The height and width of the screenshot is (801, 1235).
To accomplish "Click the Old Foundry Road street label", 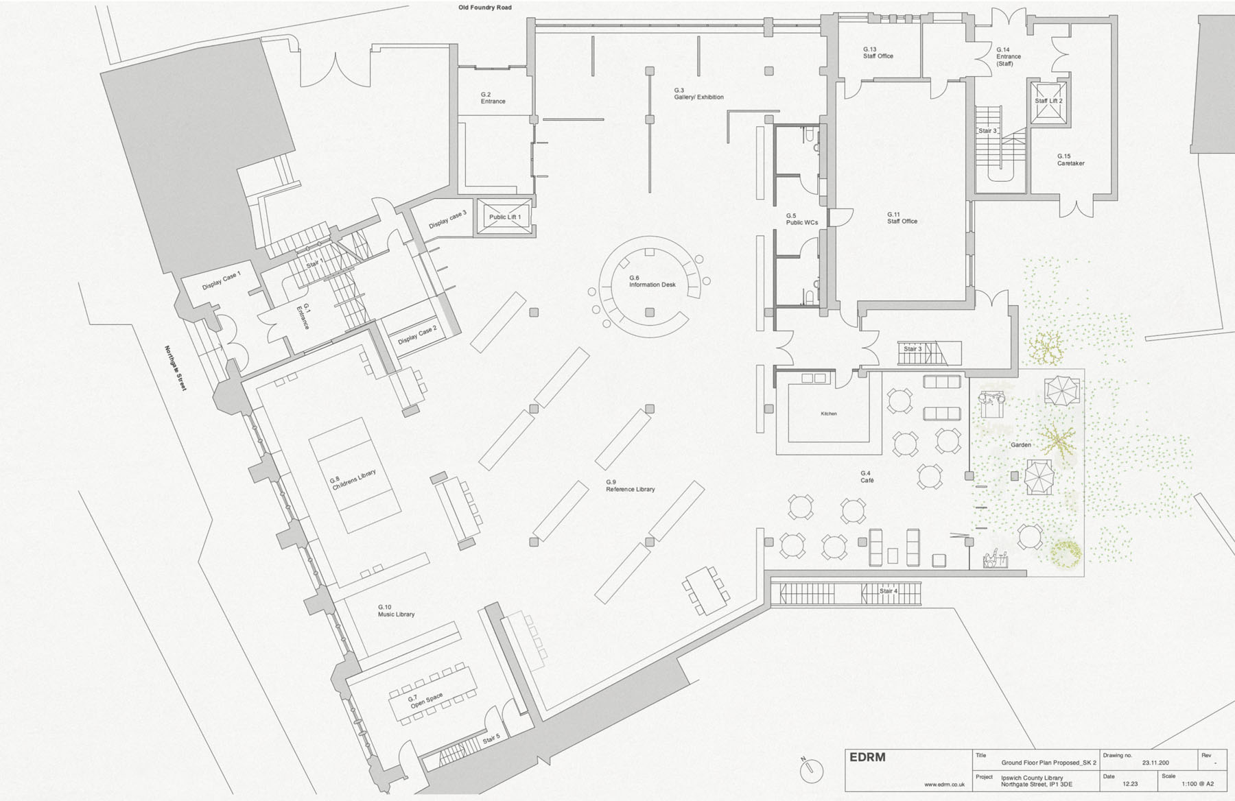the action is [485, 8].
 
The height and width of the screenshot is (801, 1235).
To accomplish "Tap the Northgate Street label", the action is [176, 368].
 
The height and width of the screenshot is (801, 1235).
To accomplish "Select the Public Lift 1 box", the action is [504, 217].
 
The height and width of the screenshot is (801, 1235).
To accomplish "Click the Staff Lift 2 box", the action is [1048, 103].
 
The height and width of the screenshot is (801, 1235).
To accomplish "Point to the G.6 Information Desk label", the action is [652, 281].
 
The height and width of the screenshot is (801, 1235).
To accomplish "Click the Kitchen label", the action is [829, 414].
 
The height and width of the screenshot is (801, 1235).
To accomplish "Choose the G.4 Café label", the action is [867, 477].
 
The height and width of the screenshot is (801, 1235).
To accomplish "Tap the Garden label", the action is [1021, 445].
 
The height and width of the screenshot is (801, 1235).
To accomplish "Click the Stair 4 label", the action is [889, 590].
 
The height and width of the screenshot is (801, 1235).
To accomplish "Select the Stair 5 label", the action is [491, 739].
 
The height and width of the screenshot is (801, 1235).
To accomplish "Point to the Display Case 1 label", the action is [221, 281].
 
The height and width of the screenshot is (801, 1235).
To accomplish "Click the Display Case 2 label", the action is [417, 335].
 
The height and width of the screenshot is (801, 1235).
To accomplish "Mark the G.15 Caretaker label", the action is [1070, 160].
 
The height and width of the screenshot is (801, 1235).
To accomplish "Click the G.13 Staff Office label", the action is [878, 53].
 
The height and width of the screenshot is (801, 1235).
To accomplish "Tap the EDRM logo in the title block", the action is [867, 757].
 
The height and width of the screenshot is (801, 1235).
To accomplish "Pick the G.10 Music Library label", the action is [396, 610].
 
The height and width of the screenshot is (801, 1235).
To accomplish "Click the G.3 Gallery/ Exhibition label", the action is [698, 94].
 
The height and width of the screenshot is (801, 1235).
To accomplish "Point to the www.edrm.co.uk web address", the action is [944, 785].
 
